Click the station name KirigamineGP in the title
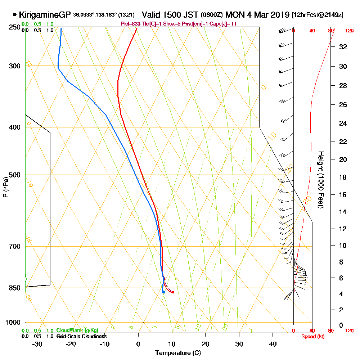(x=45, y=15)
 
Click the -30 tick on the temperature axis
(x=37, y=344)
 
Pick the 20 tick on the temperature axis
(x=206, y=344)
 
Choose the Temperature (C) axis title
(x=178, y=353)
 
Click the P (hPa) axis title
(x=5, y=187)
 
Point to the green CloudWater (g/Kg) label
(x=77, y=330)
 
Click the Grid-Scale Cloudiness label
(x=81, y=336)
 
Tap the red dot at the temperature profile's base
(x=173, y=292)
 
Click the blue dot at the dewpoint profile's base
(x=163, y=292)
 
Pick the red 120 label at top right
(x=349, y=31)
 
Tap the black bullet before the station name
(x=14, y=15)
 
